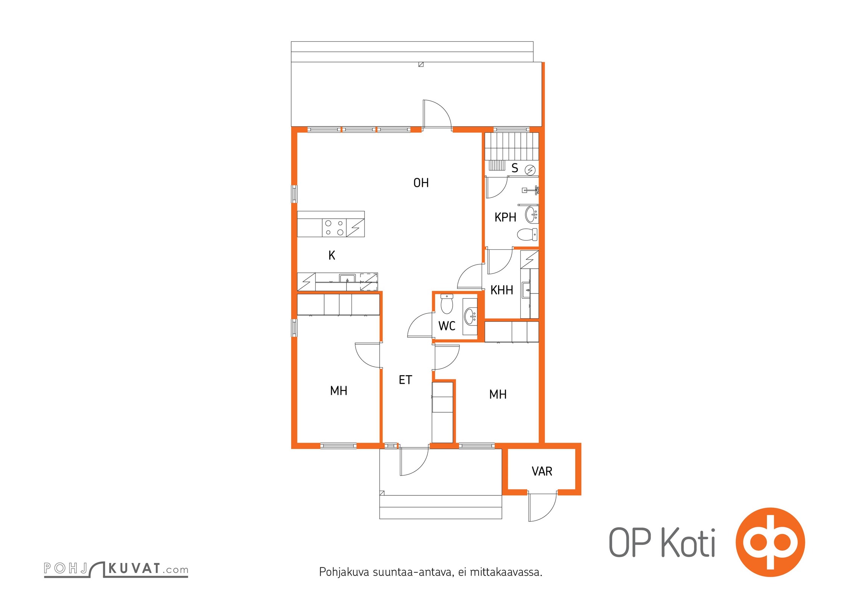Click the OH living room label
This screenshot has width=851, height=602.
click(421, 183)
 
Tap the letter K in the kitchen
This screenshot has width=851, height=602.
click(332, 255)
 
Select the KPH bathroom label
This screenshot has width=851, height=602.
click(505, 217)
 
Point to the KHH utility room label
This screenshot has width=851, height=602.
click(502, 290)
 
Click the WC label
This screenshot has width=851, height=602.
click(447, 326)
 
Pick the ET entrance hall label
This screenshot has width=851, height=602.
click(406, 380)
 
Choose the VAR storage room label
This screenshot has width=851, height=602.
click(542, 471)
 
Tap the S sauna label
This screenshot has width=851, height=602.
click(515, 168)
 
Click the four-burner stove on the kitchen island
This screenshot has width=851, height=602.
click(334, 228)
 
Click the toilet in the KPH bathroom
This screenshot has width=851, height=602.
click(527, 234)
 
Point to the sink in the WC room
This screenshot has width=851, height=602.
click(471, 316)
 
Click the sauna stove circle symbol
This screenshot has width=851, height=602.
click(530, 170)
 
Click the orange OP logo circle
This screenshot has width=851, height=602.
click(770, 542)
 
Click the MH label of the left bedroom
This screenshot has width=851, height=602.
click(339, 391)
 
